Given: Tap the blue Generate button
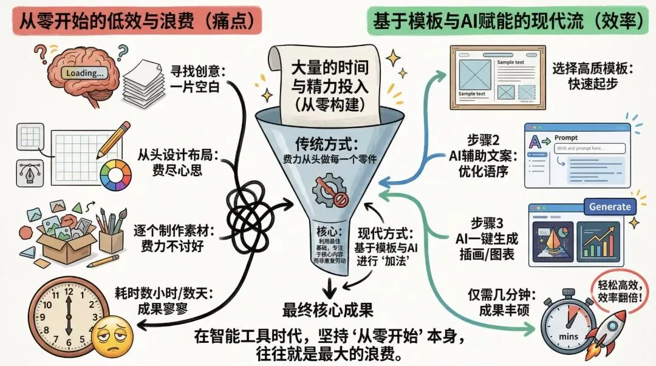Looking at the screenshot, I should click(609, 206).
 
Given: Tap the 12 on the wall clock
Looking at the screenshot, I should click(67, 293).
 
